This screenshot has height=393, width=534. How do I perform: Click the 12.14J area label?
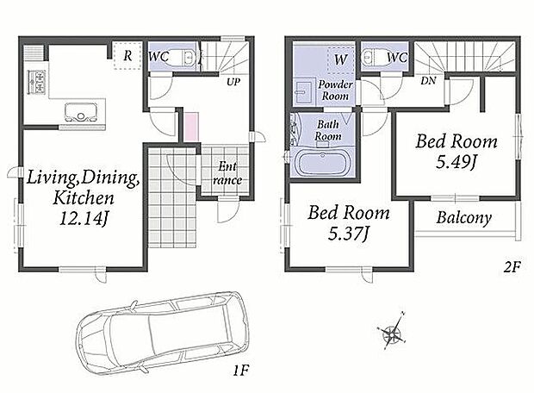(84, 219)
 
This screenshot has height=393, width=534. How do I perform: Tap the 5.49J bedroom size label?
(456, 162)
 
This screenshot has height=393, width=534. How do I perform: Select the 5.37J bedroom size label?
(348, 234)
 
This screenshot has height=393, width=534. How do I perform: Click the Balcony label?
(464, 218)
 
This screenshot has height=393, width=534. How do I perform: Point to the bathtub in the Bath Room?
(323, 163)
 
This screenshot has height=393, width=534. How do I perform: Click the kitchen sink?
(80, 112)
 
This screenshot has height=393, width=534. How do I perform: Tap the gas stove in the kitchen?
(36, 82)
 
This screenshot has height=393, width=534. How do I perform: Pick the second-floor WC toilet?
(372, 57)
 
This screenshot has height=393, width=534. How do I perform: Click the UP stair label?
(233, 82)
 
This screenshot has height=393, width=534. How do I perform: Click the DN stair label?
(428, 81)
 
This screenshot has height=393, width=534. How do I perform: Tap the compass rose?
(392, 331)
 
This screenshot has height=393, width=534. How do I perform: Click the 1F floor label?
(241, 371)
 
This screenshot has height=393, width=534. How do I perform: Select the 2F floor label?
(512, 267)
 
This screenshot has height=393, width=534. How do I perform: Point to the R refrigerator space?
(127, 55)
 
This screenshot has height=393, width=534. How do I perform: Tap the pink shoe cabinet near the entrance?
(191, 128)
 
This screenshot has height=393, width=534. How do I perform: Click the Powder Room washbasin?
(303, 92)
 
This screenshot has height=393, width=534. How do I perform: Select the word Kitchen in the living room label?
(84, 198)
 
